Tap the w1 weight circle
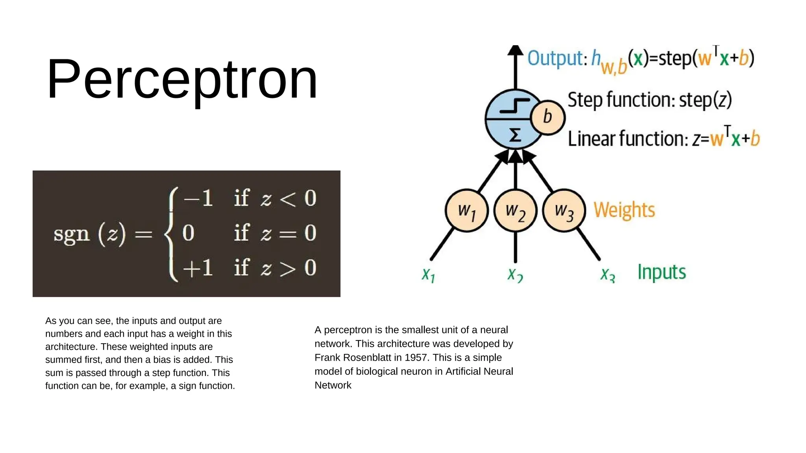pos(467,211)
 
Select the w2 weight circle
pos(515,211)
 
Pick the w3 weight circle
pos(564,211)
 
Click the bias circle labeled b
pos(547,117)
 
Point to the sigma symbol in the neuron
pos(515,135)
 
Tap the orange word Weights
pos(624,210)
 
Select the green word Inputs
pos(662,272)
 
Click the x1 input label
pos(428,274)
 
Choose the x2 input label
pos(515,274)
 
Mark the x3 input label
pos(607,274)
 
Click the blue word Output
pos(555,59)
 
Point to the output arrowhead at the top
pos(515,50)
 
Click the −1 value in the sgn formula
pos(198,198)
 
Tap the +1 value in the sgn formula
pos(198,268)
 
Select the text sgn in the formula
pos(71,234)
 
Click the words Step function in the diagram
pos(620,100)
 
